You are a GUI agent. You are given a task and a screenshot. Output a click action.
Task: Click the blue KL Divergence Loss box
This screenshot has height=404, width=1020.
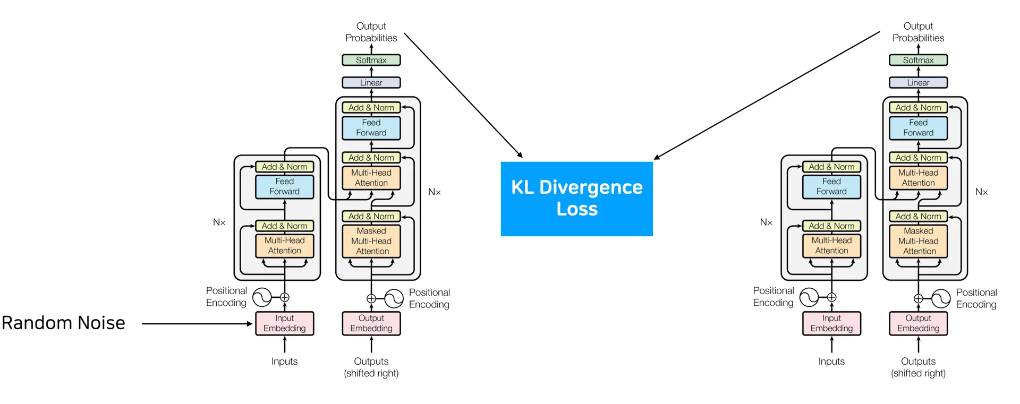(576, 199)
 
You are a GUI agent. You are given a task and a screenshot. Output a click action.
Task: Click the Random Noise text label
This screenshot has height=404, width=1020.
(63, 323)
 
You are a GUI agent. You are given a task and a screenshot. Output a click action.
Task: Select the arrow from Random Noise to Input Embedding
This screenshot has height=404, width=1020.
(197, 323)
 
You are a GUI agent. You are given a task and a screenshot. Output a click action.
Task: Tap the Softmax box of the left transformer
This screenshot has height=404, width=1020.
(371, 60)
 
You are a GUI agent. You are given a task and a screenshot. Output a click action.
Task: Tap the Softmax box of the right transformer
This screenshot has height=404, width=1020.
(918, 60)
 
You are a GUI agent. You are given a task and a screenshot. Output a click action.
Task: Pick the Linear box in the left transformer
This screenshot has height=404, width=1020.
(371, 82)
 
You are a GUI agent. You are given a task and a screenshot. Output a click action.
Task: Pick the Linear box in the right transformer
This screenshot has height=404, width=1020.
(918, 82)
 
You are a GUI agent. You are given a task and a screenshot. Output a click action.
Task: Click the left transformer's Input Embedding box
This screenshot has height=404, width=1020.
(284, 323)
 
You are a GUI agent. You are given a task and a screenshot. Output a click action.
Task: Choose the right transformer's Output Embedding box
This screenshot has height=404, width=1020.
(918, 323)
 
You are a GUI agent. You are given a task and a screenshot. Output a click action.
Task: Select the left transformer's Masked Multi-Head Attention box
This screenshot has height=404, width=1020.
(371, 241)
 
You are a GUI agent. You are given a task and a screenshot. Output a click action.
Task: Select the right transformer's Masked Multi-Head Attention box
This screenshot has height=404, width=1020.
(918, 241)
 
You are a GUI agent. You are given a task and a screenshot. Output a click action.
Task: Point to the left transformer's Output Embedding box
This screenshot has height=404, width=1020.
(371, 323)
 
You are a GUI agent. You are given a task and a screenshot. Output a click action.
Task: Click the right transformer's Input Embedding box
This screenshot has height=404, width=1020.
(831, 323)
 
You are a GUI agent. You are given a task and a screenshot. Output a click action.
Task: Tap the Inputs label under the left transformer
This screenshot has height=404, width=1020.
(284, 362)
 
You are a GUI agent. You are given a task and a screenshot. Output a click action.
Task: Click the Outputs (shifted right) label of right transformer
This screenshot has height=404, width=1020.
(918, 367)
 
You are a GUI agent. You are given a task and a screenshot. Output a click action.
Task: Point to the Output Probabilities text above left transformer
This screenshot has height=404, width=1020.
(371, 32)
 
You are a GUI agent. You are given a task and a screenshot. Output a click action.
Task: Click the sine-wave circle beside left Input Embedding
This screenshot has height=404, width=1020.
(262, 297)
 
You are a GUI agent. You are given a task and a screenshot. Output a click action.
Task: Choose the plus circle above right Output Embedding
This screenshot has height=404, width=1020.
(918, 298)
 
